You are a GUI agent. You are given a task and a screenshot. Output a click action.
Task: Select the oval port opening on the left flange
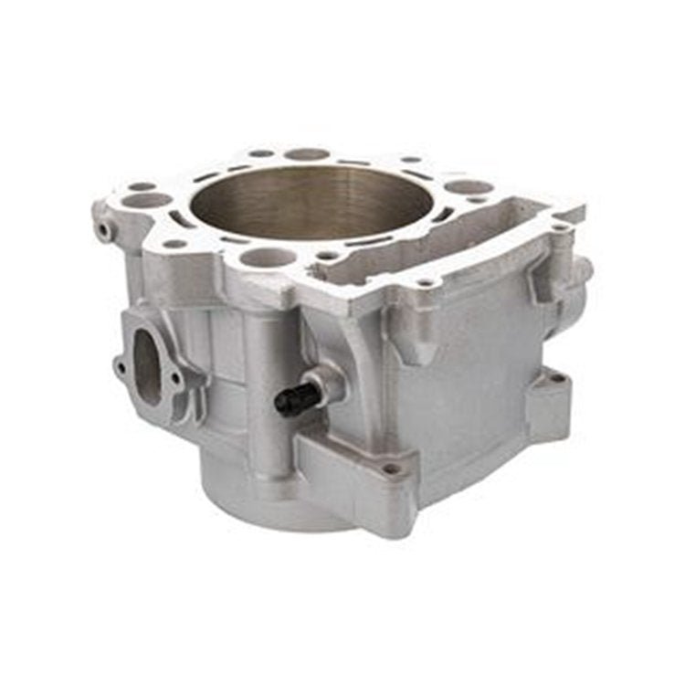(146, 365)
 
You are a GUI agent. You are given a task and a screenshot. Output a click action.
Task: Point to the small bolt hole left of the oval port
(118, 367)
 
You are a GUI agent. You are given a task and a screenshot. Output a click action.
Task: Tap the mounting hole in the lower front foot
(391, 469)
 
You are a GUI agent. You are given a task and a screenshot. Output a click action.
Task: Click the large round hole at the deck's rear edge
(307, 154)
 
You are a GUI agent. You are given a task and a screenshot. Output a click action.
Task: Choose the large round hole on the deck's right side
(469, 187)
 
